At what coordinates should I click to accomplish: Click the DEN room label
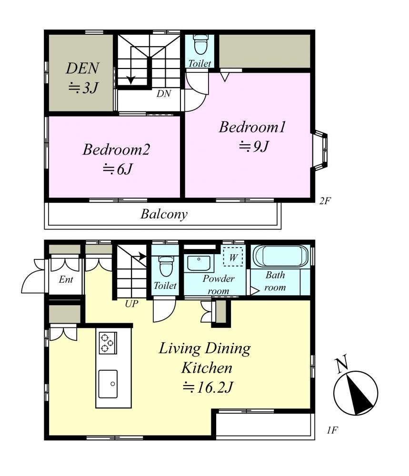(x=82, y=68)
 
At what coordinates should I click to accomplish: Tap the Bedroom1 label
(x=252, y=127)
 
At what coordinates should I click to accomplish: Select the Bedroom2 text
(x=116, y=149)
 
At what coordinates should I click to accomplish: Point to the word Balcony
(x=164, y=214)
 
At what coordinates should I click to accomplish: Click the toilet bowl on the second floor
(x=200, y=44)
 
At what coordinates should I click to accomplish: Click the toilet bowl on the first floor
(x=166, y=266)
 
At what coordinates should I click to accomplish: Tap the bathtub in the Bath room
(x=280, y=256)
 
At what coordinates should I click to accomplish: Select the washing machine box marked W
(x=233, y=257)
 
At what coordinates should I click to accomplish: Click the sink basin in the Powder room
(x=199, y=263)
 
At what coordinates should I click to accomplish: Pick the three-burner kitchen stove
(x=108, y=343)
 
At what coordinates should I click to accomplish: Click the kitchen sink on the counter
(x=108, y=384)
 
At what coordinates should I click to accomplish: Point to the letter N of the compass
(x=341, y=364)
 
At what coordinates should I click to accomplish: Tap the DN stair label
(x=164, y=94)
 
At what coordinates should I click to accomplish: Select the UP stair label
(x=131, y=303)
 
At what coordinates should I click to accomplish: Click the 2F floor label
(x=324, y=201)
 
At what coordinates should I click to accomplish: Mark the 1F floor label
(x=332, y=430)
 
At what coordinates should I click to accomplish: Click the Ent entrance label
(x=66, y=279)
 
